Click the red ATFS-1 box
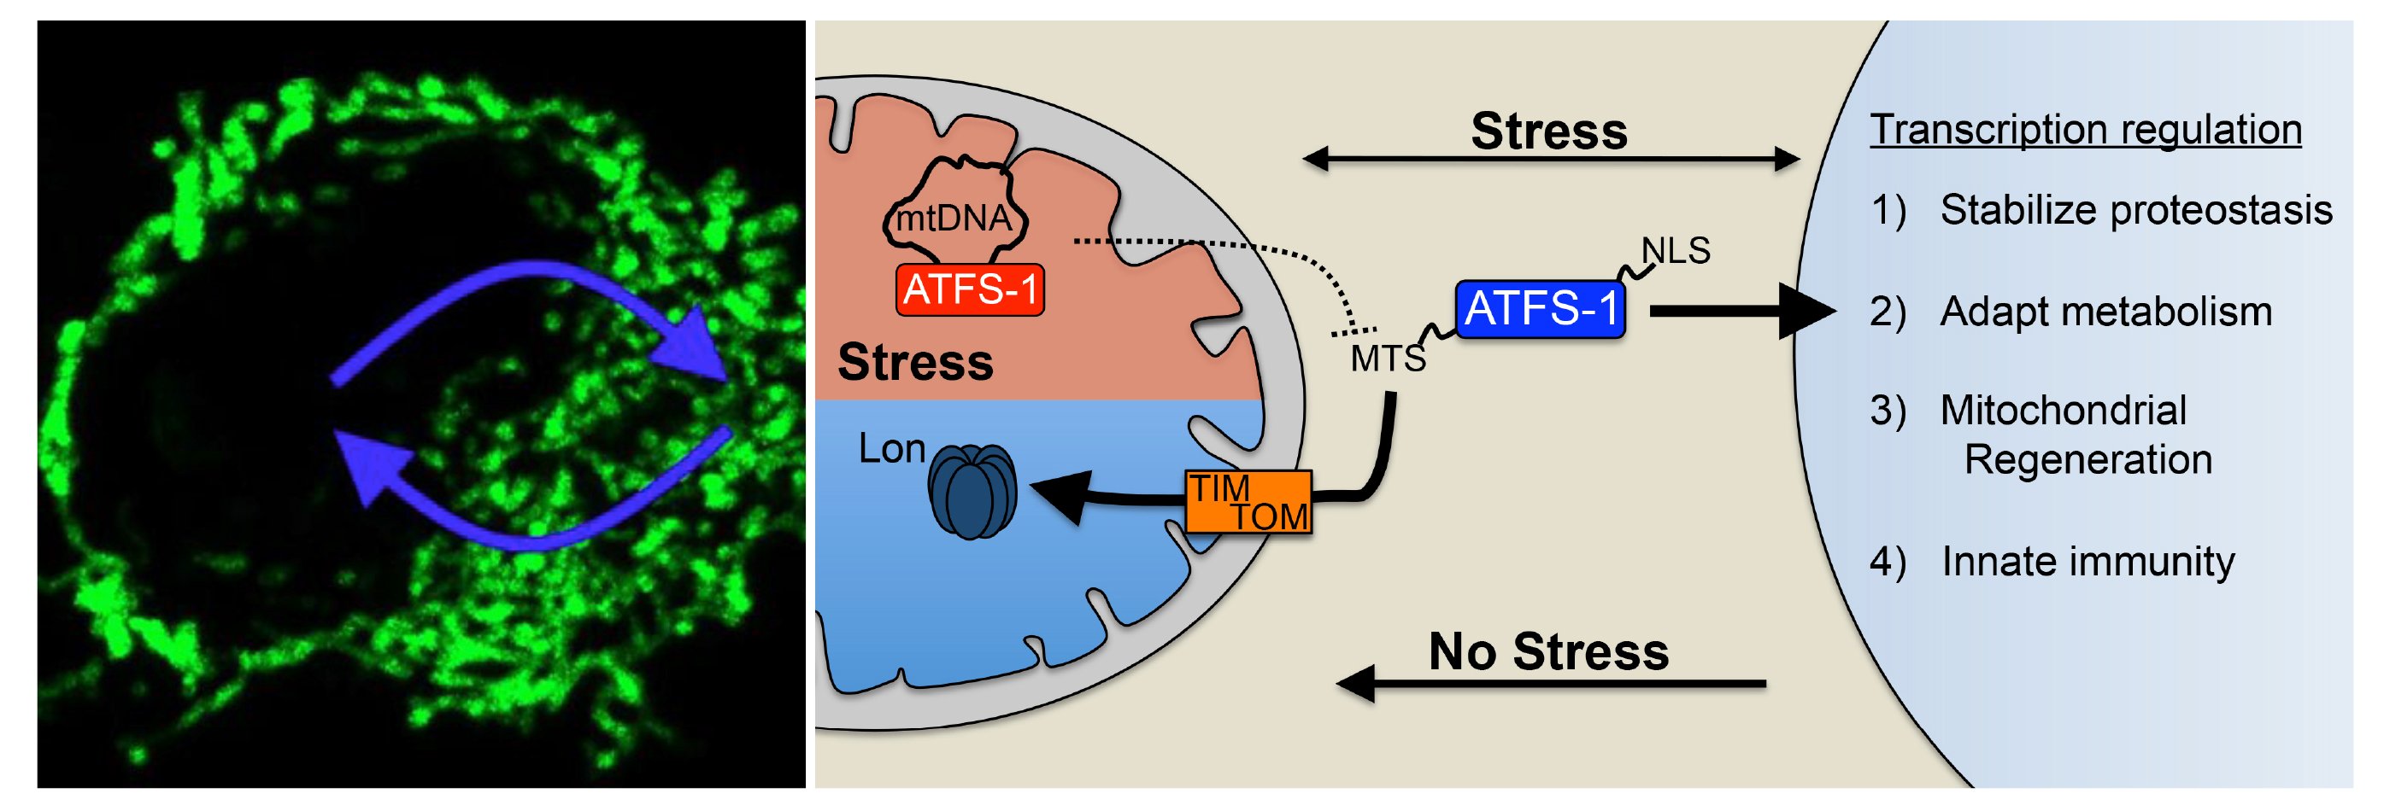click(x=969, y=289)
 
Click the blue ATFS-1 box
click(x=1540, y=309)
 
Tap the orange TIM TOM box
click(x=1248, y=502)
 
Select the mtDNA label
click(x=954, y=219)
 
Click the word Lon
click(x=891, y=449)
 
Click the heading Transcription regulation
click(x=2085, y=130)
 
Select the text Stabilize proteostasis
click(x=2135, y=211)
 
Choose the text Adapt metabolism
click(x=2105, y=312)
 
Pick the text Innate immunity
click(x=2087, y=562)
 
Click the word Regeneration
click(x=2087, y=459)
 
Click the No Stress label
click(x=1548, y=651)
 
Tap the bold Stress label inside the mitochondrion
click(x=914, y=362)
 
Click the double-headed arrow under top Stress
click(x=1550, y=160)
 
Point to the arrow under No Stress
click(x=1550, y=685)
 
